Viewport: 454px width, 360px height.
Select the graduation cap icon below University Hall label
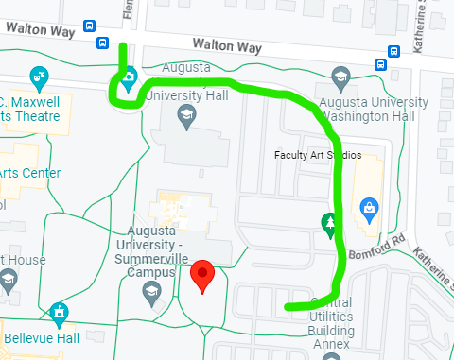click(186, 116)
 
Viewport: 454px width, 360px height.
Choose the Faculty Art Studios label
click(317, 155)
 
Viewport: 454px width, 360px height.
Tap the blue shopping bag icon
click(369, 207)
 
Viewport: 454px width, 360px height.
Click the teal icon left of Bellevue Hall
click(59, 311)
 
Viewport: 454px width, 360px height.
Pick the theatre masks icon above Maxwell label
click(39, 75)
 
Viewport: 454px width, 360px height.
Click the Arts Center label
click(30, 173)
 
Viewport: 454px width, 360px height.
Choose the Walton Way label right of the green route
click(227, 45)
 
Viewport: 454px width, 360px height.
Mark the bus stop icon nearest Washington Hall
click(380, 65)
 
